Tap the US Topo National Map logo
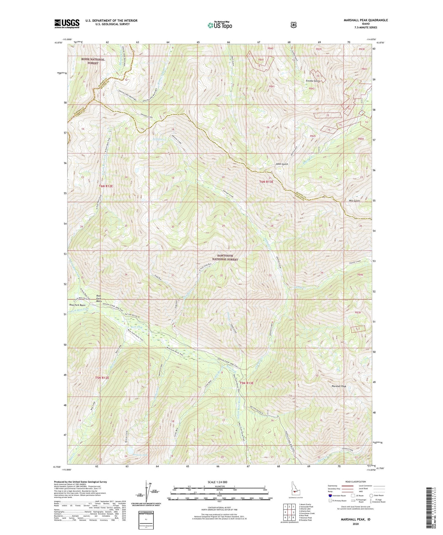(x=219, y=25)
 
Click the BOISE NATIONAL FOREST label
(x=93, y=61)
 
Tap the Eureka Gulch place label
(x=313, y=81)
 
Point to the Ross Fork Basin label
(x=77, y=305)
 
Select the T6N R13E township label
(x=266, y=182)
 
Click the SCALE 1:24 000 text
(x=217, y=482)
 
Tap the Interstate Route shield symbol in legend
(x=330, y=495)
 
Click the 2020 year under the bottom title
(x=356, y=524)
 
